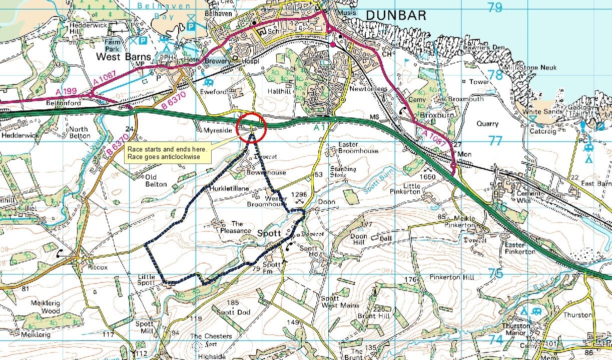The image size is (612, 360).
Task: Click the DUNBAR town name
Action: [x=396, y=15]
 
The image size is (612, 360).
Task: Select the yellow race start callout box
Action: [x=168, y=152]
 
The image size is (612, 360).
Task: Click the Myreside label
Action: [x=218, y=130]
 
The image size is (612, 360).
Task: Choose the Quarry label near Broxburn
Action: [x=487, y=123]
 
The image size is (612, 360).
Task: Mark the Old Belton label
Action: [x=155, y=180]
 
